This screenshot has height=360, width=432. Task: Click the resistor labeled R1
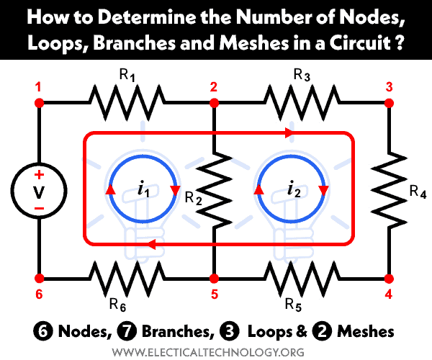tap(127, 104)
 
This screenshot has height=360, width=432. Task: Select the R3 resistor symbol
tap(301, 104)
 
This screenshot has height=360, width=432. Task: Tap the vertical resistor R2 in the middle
tap(214, 190)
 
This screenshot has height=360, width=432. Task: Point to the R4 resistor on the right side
tap(389, 190)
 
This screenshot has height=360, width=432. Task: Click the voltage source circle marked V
tap(40, 190)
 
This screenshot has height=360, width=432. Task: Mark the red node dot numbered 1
tap(40, 104)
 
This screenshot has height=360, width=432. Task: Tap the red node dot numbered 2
tap(214, 104)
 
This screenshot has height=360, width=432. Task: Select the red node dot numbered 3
tap(389, 104)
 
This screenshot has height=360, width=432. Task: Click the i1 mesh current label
tap(142, 191)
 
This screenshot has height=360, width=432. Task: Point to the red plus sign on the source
tap(40, 176)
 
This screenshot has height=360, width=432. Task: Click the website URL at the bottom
tap(216, 351)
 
